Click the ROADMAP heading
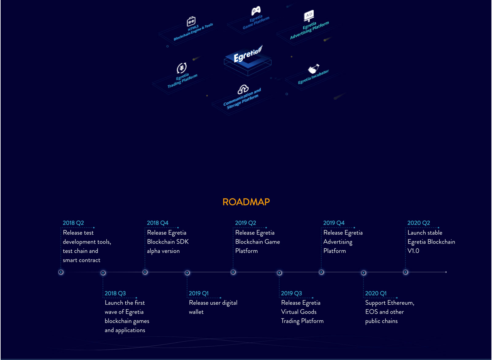(x=246, y=202)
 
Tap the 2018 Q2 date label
(x=73, y=223)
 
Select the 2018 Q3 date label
(x=115, y=293)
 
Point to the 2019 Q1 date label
(x=199, y=293)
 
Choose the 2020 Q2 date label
(x=419, y=223)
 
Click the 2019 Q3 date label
(x=291, y=293)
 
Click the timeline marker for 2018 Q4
(x=145, y=272)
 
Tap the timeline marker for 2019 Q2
(x=233, y=272)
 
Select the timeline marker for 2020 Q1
(x=364, y=273)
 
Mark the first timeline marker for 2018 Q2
(x=61, y=272)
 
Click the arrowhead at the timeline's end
(x=446, y=272)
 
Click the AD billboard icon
(x=309, y=16)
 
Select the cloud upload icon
(x=243, y=89)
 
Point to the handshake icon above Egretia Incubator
(x=313, y=69)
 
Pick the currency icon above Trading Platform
(x=182, y=68)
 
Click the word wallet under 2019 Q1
(x=196, y=312)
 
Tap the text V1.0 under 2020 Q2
(x=413, y=251)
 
